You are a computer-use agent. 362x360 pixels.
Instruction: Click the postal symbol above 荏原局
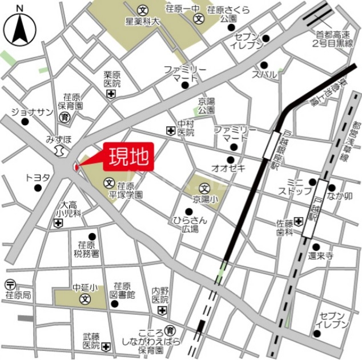(x=10, y=285)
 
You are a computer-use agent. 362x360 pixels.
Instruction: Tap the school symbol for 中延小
(x=84, y=299)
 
